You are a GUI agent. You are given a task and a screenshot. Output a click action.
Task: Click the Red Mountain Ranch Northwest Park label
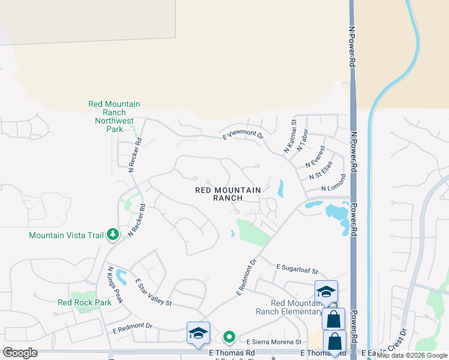click(x=114, y=116)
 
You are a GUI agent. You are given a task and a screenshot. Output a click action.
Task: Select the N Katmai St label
click(x=290, y=137)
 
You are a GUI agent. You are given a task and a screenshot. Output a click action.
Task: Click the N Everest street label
click(x=315, y=157)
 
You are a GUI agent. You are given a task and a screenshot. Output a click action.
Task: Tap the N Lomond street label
click(x=334, y=184)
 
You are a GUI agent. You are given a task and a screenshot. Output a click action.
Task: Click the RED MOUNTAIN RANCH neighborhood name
click(x=228, y=194)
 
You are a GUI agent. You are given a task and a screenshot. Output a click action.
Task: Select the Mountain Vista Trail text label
click(x=66, y=235)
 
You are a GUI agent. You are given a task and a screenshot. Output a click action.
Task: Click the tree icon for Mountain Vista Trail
click(x=112, y=235)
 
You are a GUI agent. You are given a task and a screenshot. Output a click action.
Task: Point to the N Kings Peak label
click(x=115, y=284)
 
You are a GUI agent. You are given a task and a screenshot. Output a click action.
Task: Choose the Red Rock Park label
click(x=85, y=303)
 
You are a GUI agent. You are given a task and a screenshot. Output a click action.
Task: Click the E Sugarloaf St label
click(x=297, y=269)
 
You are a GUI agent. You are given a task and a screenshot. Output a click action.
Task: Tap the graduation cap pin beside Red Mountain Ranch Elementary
click(x=326, y=292)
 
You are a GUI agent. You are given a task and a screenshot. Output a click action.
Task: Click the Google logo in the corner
click(x=20, y=353)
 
